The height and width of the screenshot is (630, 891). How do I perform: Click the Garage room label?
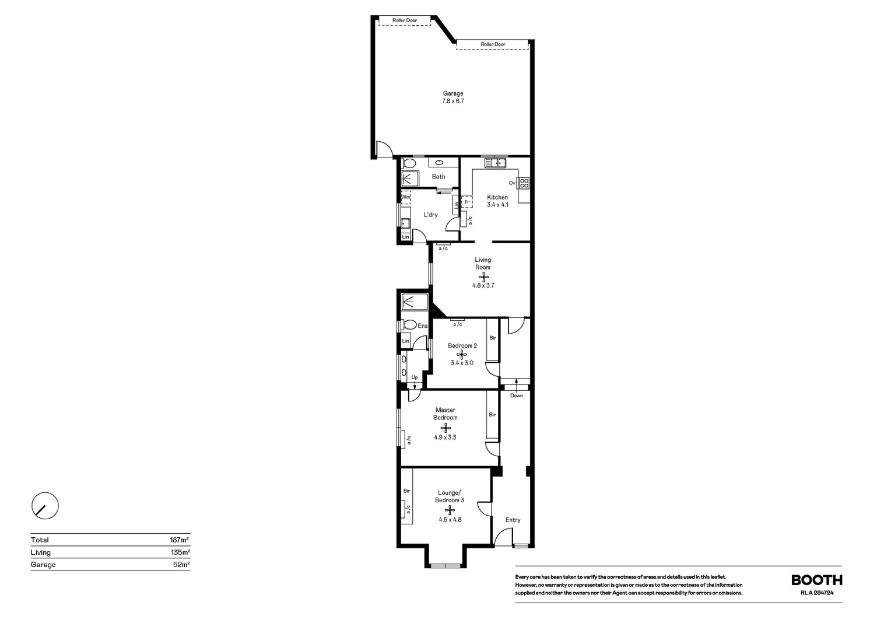click(x=453, y=93)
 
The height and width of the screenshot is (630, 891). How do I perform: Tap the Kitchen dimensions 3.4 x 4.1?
click(x=497, y=205)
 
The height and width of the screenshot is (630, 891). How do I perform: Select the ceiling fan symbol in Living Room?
click(x=483, y=276)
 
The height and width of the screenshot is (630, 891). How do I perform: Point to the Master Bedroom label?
click(x=445, y=414)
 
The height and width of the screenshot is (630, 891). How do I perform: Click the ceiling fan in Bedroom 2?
click(x=461, y=355)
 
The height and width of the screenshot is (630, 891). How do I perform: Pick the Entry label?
click(x=513, y=520)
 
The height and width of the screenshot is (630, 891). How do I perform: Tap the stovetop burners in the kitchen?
click(x=524, y=184)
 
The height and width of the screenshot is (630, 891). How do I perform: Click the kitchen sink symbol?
click(x=495, y=163)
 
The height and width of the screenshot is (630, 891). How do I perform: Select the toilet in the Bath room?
click(x=409, y=163)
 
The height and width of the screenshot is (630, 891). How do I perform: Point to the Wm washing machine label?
click(x=406, y=197)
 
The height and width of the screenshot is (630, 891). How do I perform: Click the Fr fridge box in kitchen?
click(x=466, y=202)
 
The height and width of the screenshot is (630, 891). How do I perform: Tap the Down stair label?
click(x=516, y=395)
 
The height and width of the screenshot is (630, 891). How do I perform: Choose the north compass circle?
click(x=45, y=506)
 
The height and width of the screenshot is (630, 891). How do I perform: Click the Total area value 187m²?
click(x=179, y=540)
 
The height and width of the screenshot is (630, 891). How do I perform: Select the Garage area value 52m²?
click(x=181, y=564)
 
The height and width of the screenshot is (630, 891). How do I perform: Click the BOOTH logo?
click(x=817, y=580)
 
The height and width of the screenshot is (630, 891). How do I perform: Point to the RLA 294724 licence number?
click(x=817, y=593)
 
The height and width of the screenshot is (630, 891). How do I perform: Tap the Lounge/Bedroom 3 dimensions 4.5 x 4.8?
click(x=450, y=519)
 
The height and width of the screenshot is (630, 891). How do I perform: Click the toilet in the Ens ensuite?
click(x=409, y=324)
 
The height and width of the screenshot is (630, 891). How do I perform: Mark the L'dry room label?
click(x=430, y=215)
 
